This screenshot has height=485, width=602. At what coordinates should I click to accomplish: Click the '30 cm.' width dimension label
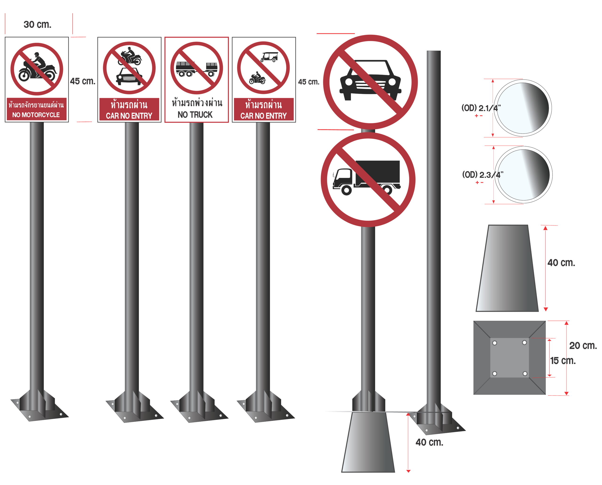point(37,25)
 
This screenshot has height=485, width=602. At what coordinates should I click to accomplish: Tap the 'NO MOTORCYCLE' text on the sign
point(36,115)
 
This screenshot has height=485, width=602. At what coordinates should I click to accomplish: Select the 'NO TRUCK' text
point(195,114)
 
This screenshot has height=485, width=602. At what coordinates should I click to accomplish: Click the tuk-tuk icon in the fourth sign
point(269,57)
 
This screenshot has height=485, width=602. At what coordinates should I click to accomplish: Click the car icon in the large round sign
point(370,80)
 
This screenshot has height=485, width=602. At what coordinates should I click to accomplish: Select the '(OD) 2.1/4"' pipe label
point(481,108)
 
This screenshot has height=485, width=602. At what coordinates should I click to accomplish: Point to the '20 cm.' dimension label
point(583,346)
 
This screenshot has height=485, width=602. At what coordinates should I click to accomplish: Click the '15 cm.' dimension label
point(563,361)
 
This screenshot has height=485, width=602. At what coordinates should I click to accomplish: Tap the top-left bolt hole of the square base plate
point(495,343)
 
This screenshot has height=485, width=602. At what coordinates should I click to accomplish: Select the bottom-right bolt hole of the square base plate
point(525,374)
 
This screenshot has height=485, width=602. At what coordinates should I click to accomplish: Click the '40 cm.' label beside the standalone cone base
point(561,263)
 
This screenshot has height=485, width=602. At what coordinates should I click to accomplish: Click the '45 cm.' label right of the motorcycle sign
point(83,81)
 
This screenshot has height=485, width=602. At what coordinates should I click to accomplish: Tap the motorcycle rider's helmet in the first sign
point(37,55)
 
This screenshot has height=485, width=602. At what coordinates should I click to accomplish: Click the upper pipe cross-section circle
point(523,108)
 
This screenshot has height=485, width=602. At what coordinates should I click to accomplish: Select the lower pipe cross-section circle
point(523,175)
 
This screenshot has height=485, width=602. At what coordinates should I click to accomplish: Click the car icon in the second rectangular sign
point(129,76)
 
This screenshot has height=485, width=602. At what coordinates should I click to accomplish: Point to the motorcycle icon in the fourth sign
point(257,78)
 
